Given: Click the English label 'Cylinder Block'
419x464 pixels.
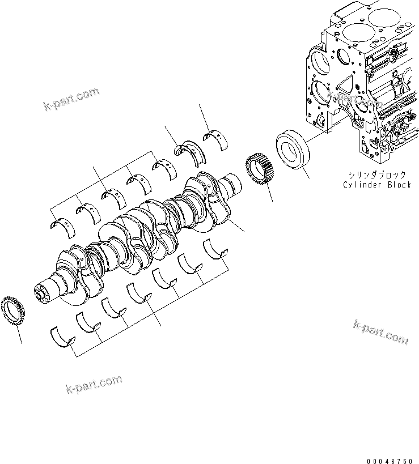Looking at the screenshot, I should (x=376, y=185).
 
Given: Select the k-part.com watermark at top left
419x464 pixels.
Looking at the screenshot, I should (x=70, y=99).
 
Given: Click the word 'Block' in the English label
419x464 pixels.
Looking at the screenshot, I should (x=397, y=185).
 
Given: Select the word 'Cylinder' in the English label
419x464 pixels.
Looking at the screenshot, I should (x=363, y=185).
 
